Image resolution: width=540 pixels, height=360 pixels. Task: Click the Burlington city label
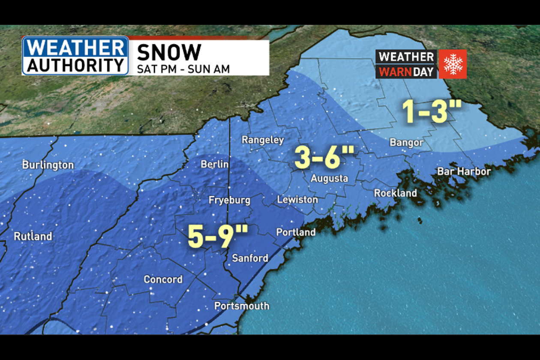click(48, 165)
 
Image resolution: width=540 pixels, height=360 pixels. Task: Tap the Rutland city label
click(33, 236)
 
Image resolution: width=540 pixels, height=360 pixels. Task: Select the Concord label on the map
click(163, 279)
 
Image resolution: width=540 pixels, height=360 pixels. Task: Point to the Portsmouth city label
click(242, 306)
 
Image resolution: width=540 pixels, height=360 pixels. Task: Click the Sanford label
click(250, 258)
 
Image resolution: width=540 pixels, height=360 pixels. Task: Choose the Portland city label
click(296, 232)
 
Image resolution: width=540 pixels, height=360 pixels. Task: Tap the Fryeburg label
click(229, 200)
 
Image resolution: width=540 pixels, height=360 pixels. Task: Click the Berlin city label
click(215, 164)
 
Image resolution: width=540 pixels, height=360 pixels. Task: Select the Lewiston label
click(297, 200)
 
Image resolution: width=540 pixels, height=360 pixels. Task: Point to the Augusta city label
click(329, 179)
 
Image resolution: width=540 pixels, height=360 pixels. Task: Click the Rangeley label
click(263, 140)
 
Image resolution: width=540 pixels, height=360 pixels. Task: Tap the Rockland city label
click(395, 193)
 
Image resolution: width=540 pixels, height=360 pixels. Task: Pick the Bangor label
click(406, 143)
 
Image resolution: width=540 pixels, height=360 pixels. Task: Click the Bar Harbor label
click(464, 171)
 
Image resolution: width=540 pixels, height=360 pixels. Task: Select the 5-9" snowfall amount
click(218, 237)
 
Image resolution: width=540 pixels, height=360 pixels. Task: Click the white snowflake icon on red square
click(453, 64)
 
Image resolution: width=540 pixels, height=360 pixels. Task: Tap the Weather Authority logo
click(75, 56)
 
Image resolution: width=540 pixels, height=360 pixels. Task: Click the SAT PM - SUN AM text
click(183, 69)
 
